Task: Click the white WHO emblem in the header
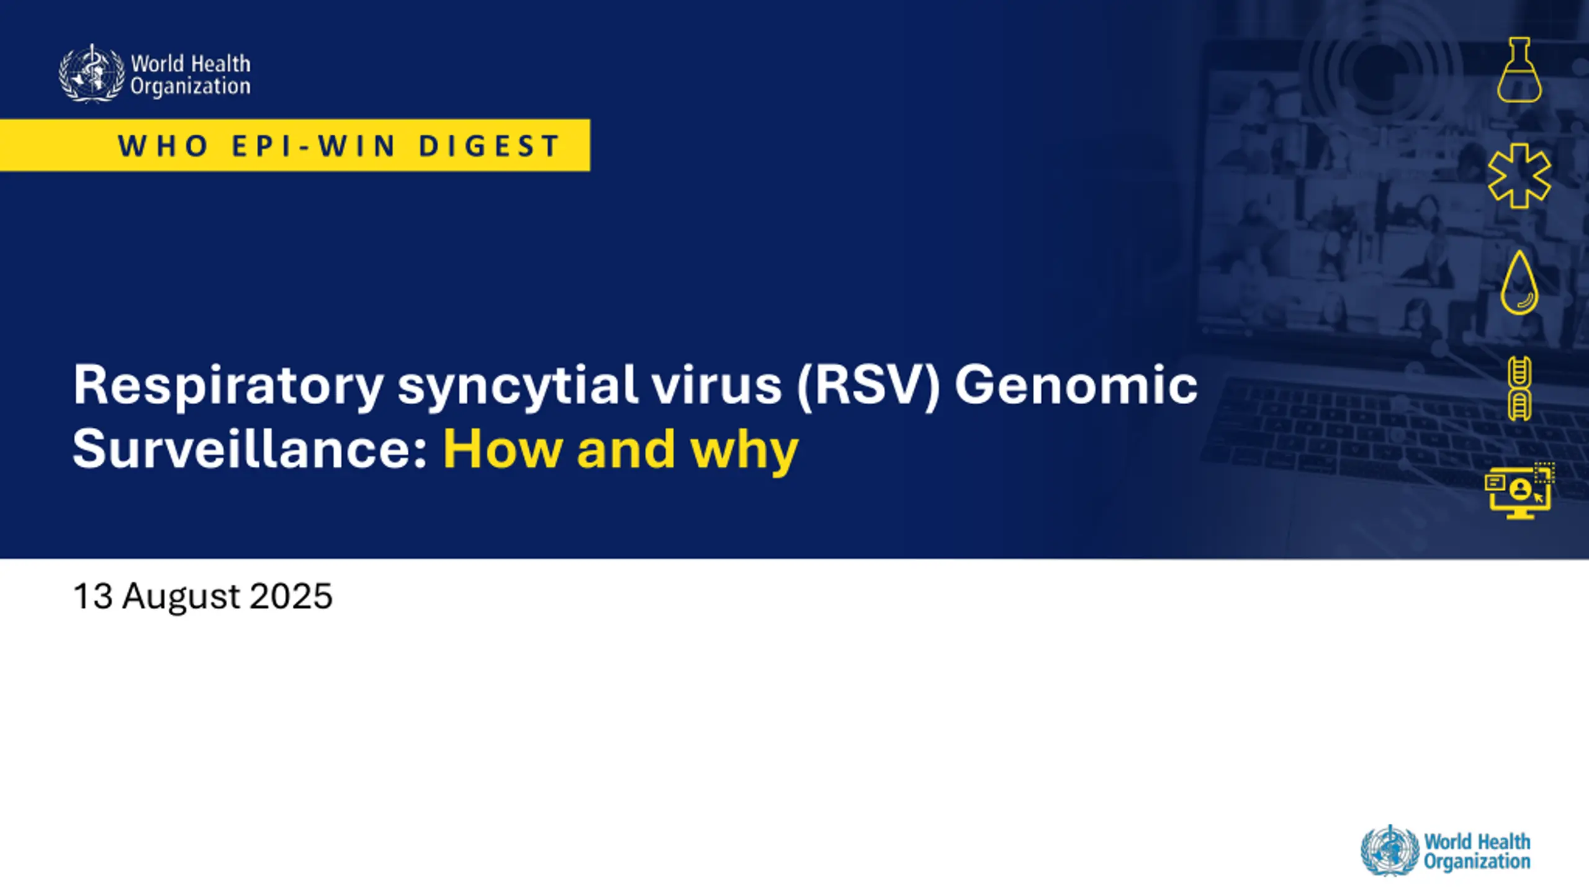pos(92,73)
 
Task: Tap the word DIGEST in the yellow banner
pos(490,147)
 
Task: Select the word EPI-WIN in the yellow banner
pos(313,147)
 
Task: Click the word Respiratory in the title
pos(228,386)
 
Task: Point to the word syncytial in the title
pos(518,386)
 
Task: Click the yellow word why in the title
pos(744,452)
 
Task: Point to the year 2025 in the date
pos(291,596)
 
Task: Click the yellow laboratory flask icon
pos(1519,70)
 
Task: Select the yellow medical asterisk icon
pos(1519,176)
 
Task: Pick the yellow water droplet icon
pos(1519,282)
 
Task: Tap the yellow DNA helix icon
pos(1519,389)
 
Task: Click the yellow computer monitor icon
pos(1519,492)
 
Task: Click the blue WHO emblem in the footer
pos(1390,851)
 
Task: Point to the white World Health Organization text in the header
pos(191,74)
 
